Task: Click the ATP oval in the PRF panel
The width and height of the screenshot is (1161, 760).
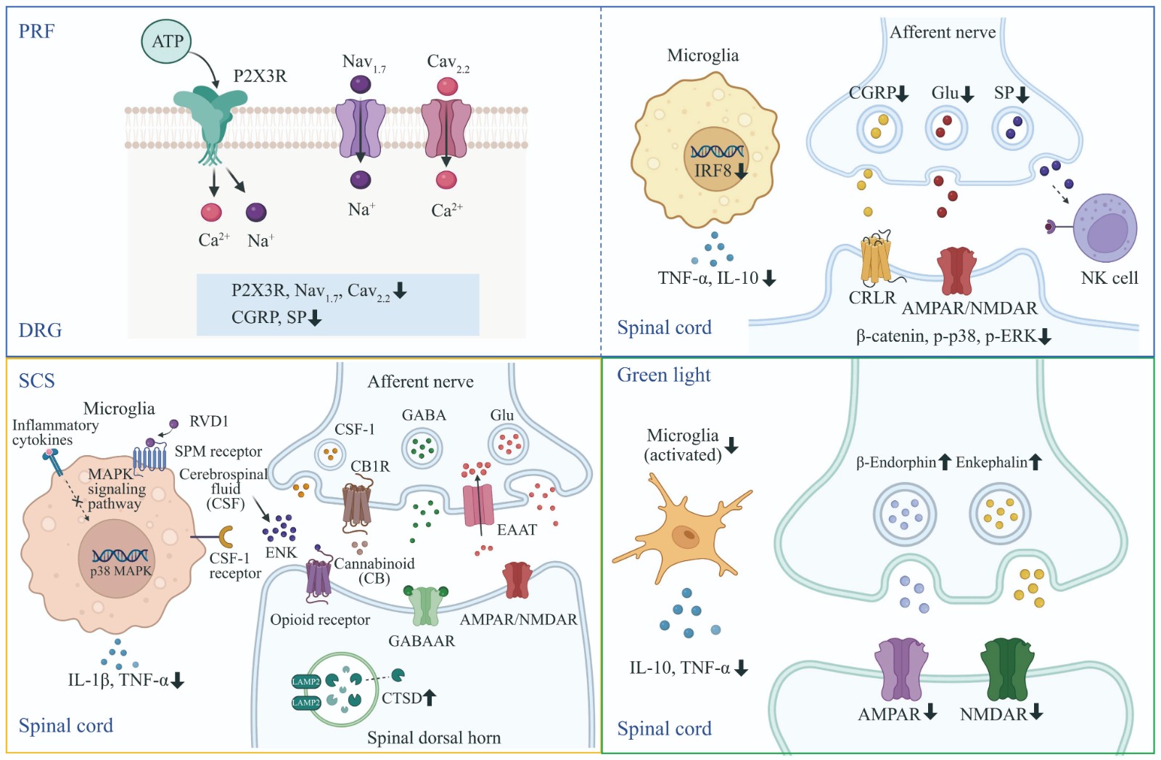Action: (167, 41)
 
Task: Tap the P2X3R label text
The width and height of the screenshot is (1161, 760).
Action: (260, 76)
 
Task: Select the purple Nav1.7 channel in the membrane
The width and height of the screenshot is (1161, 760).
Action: (361, 128)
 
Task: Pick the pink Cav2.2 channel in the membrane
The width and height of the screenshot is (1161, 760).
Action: (446, 128)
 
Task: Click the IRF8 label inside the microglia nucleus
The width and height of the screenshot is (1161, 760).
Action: (713, 171)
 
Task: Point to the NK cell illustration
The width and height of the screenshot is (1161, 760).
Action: (1104, 228)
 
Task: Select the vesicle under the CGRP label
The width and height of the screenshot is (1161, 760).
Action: (879, 129)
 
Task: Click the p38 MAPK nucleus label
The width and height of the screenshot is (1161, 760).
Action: (120, 571)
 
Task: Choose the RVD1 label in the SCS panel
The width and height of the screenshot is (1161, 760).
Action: (209, 422)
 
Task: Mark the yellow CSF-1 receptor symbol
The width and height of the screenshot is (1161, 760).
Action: (226, 537)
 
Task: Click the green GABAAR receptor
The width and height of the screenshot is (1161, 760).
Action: (425, 605)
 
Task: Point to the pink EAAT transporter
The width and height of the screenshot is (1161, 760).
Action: (478, 504)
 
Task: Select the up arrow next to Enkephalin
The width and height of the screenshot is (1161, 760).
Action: (1035, 462)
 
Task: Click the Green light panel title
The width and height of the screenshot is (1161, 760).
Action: (663, 375)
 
